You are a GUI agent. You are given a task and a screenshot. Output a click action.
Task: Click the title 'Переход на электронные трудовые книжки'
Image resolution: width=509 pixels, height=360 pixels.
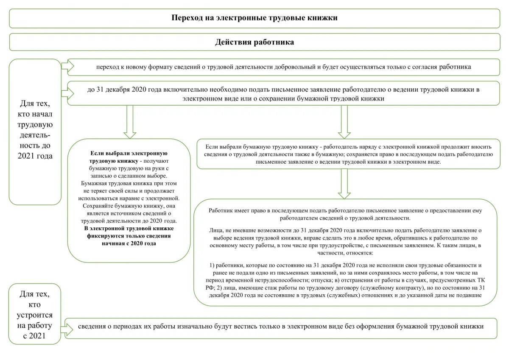coord(255,18)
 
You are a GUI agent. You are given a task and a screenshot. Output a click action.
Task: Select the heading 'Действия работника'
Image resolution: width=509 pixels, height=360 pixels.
coord(255,42)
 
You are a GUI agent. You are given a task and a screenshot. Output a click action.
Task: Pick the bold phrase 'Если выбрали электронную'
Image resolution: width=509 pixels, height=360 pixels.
coord(129,153)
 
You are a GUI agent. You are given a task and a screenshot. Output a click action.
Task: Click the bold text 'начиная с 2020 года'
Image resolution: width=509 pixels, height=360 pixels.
coord(129,243)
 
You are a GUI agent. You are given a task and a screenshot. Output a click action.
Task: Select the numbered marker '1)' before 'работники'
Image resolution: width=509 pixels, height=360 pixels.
coord(213,265)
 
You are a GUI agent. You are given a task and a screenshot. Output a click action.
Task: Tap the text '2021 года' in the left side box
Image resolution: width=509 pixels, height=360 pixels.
coord(35,156)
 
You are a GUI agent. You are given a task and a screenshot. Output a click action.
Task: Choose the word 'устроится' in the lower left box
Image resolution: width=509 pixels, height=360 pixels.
coord(35,315)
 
